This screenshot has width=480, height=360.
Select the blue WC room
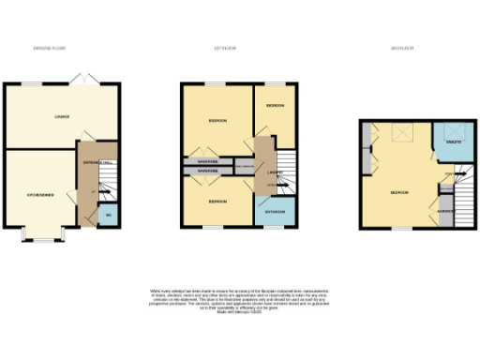tap(109, 215)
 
